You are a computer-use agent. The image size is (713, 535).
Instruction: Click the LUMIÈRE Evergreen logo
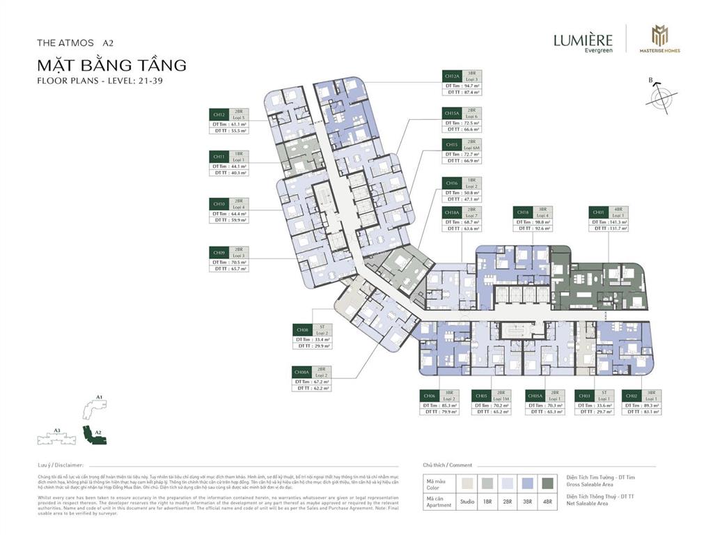(x=583, y=42)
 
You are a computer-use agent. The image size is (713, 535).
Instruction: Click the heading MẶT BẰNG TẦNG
(x=111, y=66)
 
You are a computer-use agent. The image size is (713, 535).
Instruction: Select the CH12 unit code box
(x=219, y=114)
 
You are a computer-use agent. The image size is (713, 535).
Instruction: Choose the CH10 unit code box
(x=219, y=204)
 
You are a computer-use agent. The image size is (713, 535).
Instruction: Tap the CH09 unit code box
(x=219, y=251)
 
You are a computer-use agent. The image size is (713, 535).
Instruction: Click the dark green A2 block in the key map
(x=91, y=434)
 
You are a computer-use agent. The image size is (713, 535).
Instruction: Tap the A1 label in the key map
(x=99, y=397)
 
